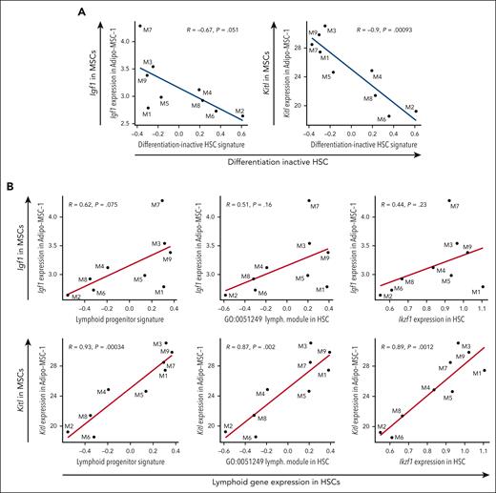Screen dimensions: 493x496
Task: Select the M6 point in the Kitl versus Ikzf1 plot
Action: (x=392, y=438)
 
